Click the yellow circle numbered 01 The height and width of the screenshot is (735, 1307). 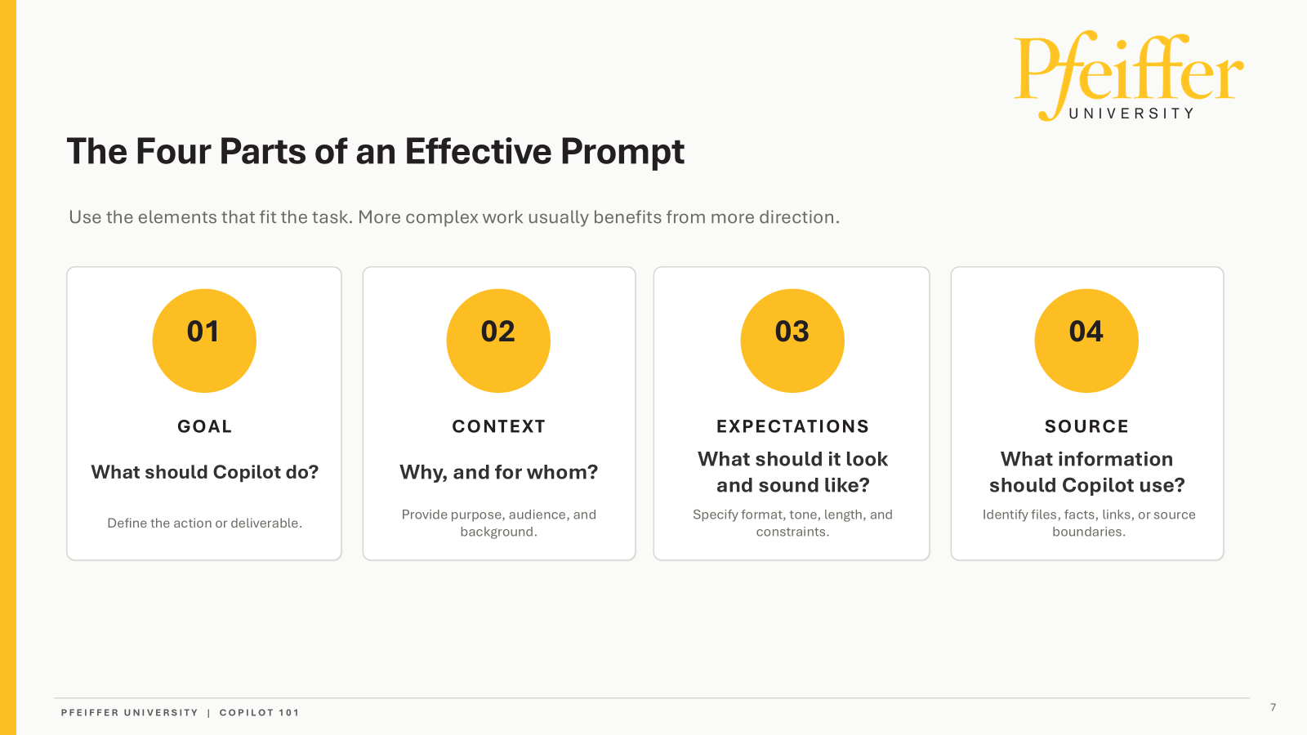point(204,341)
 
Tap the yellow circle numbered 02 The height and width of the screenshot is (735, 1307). point(498,341)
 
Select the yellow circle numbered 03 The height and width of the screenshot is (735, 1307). point(792,341)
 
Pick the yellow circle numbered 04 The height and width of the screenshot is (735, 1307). point(1086,341)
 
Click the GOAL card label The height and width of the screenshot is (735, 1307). point(204,426)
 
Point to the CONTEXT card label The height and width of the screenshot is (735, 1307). point(499,426)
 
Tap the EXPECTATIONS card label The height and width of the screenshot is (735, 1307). point(792,426)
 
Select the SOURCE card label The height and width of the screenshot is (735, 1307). point(1086,426)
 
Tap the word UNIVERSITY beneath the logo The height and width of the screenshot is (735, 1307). point(1131,114)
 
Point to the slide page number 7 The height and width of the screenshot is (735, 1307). point(1274,707)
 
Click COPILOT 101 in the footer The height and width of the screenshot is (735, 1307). point(259,712)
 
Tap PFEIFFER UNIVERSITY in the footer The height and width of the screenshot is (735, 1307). point(130,712)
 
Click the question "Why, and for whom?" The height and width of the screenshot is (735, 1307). point(499,472)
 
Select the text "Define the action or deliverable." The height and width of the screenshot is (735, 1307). point(204,523)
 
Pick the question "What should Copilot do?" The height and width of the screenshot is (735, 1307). point(204,472)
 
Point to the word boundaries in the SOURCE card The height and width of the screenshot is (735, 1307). point(1089,532)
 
